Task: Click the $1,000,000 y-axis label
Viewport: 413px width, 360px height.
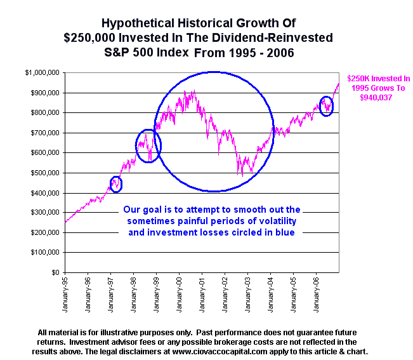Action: click(43, 73)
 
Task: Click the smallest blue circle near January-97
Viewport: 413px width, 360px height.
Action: click(115, 184)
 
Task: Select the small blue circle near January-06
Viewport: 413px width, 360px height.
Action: click(326, 105)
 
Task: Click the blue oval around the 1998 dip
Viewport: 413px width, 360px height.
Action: click(148, 146)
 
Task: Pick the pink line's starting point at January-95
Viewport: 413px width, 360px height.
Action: click(65, 222)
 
